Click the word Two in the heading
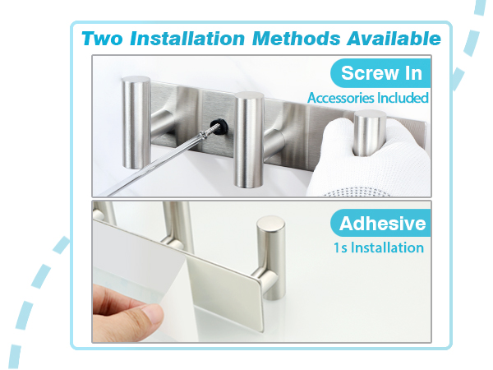[x=102, y=39]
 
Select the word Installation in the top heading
[x=187, y=39]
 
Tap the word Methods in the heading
[x=296, y=39]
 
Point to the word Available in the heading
[x=394, y=39]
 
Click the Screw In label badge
[x=380, y=73]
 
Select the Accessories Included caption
[x=368, y=98]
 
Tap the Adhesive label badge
[x=381, y=223]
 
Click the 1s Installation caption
[x=379, y=247]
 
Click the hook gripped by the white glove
[x=370, y=133]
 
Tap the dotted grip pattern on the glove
[x=355, y=192]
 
